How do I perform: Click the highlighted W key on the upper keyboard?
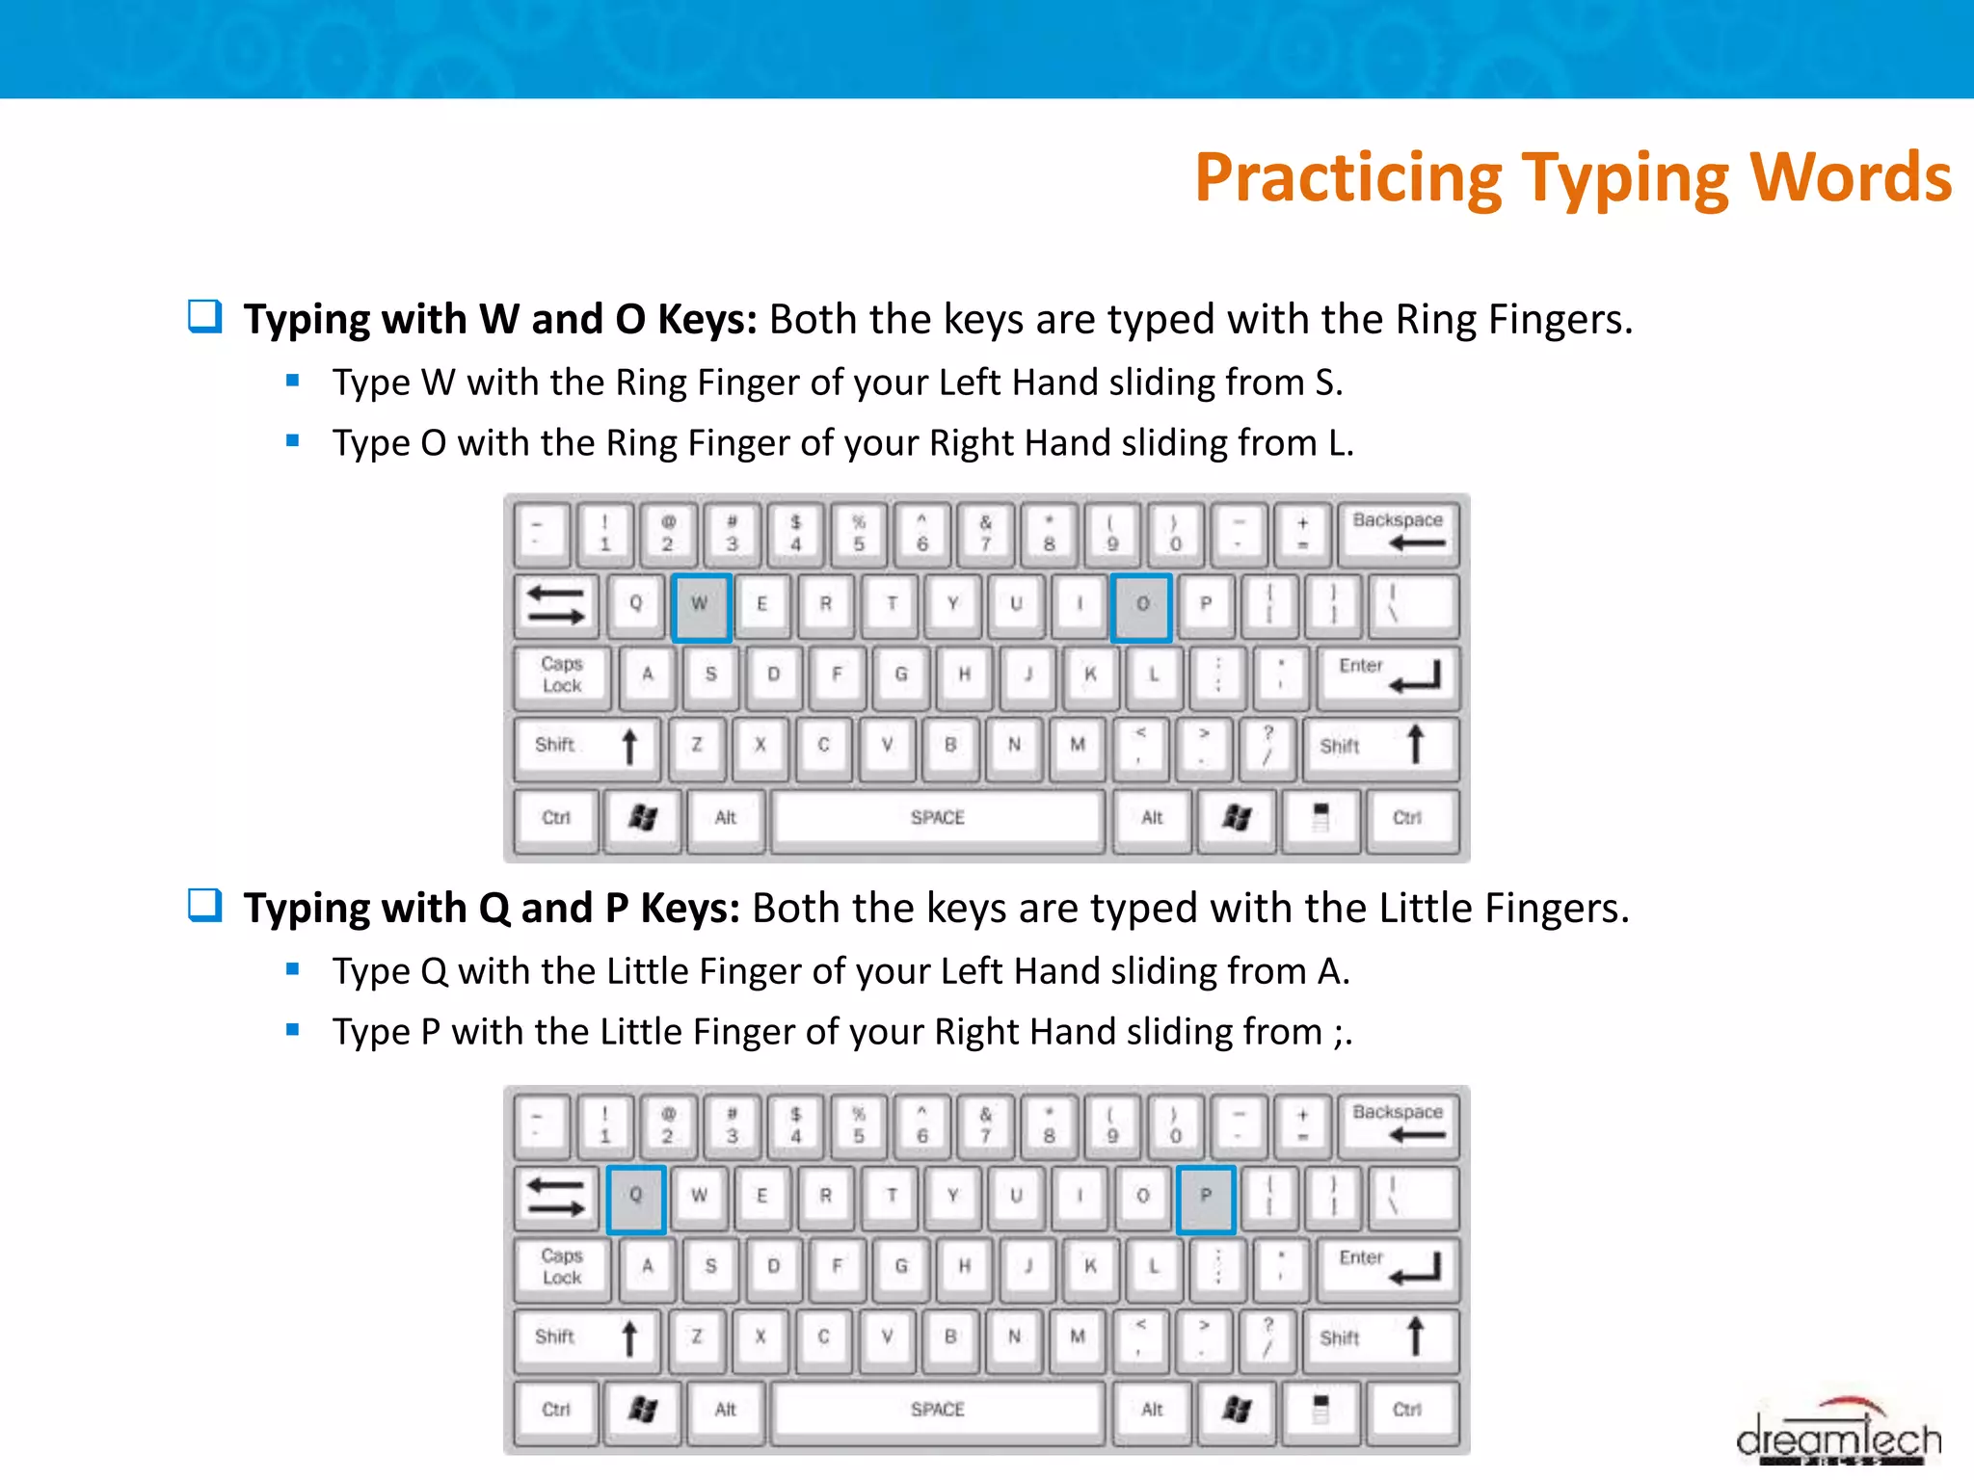[x=701, y=607]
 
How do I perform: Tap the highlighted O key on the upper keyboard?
[x=1141, y=607]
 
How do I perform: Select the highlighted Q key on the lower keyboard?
[x=636, y=1199]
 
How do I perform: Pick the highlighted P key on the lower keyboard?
[x=1205, y=1199]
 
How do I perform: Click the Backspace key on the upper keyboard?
[x=1398, y=532]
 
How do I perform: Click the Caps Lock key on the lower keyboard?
[x=562, y=1266]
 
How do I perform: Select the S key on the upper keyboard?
[x=710, y=674]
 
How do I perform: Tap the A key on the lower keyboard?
[x=648, y=1266]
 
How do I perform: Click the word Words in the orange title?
[x=1850, y=178]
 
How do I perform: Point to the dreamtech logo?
[x=1838, y=1436]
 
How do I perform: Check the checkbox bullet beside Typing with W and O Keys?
[x=204, y=316]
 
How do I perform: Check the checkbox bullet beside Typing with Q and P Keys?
[x=204, y=905]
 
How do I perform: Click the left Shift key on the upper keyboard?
[x=586, y=746]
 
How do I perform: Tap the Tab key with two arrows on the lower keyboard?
[x=556, y=1197]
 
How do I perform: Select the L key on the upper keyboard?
[x=1153, y=674]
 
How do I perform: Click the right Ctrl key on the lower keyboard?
[x=1407, y=1411]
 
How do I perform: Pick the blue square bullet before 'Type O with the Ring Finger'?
[x=293, y=441]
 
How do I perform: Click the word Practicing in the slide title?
[x=1347, y=178]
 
